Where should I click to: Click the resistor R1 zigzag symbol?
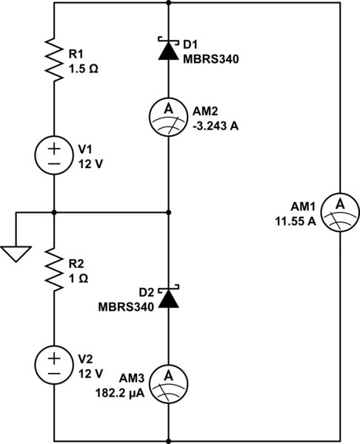point(55,59)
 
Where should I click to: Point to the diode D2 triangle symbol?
point(169,297)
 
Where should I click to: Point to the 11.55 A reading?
point(296,222)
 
